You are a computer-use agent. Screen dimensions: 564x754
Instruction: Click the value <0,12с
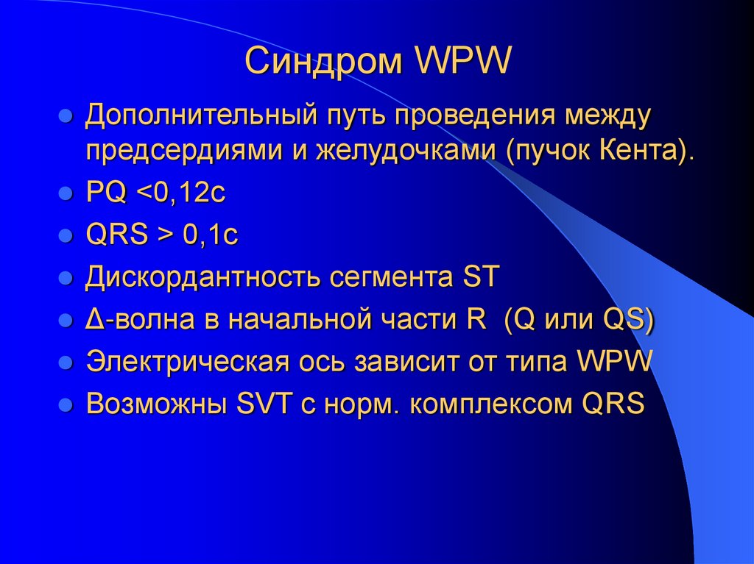[180, 195]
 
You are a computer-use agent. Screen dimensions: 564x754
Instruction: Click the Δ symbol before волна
[94, 321]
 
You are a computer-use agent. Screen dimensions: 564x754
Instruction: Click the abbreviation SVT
[258, 404]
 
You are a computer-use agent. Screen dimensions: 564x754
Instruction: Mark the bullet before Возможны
[66, 405]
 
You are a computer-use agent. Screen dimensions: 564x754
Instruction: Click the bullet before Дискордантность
[66, 280]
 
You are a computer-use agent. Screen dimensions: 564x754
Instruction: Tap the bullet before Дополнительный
[66, 117]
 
